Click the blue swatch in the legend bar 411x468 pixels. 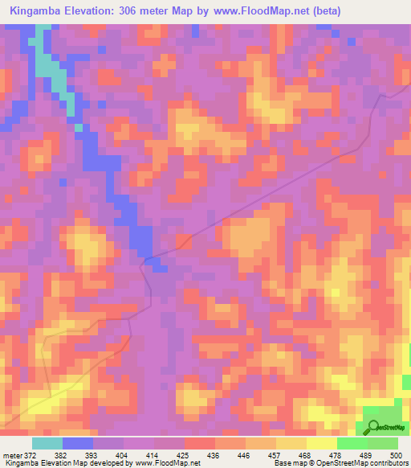77,443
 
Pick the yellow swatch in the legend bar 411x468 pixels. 321,443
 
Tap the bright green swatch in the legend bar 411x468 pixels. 352,443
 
